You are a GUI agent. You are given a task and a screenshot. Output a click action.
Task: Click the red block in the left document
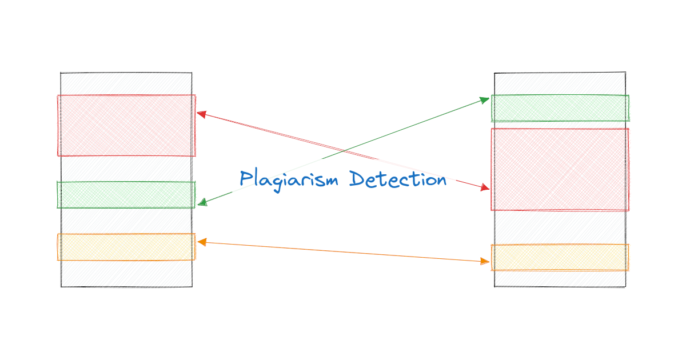tap(126, 125)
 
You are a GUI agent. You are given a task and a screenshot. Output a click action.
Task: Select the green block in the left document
tap(126, 194)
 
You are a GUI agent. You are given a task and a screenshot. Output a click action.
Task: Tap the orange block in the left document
tap(126, 247)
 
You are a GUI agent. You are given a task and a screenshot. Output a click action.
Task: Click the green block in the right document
tap(560, 108)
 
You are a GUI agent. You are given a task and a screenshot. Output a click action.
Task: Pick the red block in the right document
tap(560, 169)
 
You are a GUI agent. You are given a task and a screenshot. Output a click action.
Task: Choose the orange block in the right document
tap(560, 257)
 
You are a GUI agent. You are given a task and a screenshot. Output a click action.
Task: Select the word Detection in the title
tap(398, 179)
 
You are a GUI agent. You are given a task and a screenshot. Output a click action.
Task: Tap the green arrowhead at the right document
tap(485, 100)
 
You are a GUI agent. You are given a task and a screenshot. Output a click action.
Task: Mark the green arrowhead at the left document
tap(202, 203)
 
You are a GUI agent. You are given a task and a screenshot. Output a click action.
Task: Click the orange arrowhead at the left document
tap(201, 242)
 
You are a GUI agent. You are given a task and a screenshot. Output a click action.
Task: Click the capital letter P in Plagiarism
tap(246, 179)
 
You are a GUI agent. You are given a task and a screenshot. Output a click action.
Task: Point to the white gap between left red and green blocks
tap(126, 169)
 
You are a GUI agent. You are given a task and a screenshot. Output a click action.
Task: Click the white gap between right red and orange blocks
tap(560, 227)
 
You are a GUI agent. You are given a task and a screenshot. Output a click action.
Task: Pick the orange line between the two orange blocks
tap(343, 252)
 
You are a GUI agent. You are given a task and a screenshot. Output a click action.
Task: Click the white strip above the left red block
tap(126, 84)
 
